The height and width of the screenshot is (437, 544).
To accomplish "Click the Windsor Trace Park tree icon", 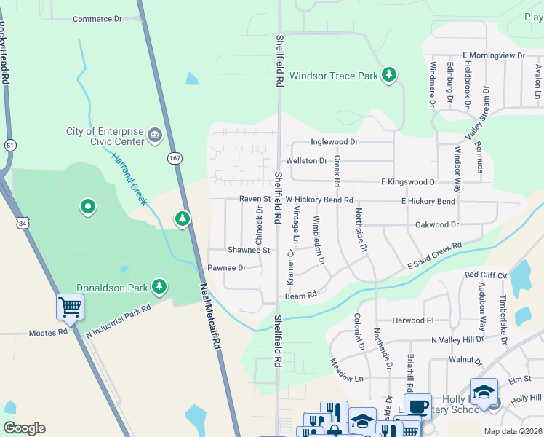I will [390, 74].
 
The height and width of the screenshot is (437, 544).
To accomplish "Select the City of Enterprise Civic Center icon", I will [154, 135].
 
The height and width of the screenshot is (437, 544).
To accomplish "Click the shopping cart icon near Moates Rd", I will [69, 307].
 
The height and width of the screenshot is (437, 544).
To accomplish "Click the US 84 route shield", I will [24, 224].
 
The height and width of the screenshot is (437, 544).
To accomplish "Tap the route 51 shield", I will [9, 145].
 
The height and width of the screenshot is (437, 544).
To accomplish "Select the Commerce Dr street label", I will [97, 19].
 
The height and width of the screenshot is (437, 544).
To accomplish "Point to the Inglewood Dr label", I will [334, 142].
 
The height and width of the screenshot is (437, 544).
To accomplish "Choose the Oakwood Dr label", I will [436, 225].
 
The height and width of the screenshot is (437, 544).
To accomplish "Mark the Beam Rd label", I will [300, 295].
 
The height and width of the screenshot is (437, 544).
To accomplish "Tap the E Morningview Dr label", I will [493, 55].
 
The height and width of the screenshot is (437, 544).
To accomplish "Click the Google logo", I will [24, 428].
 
